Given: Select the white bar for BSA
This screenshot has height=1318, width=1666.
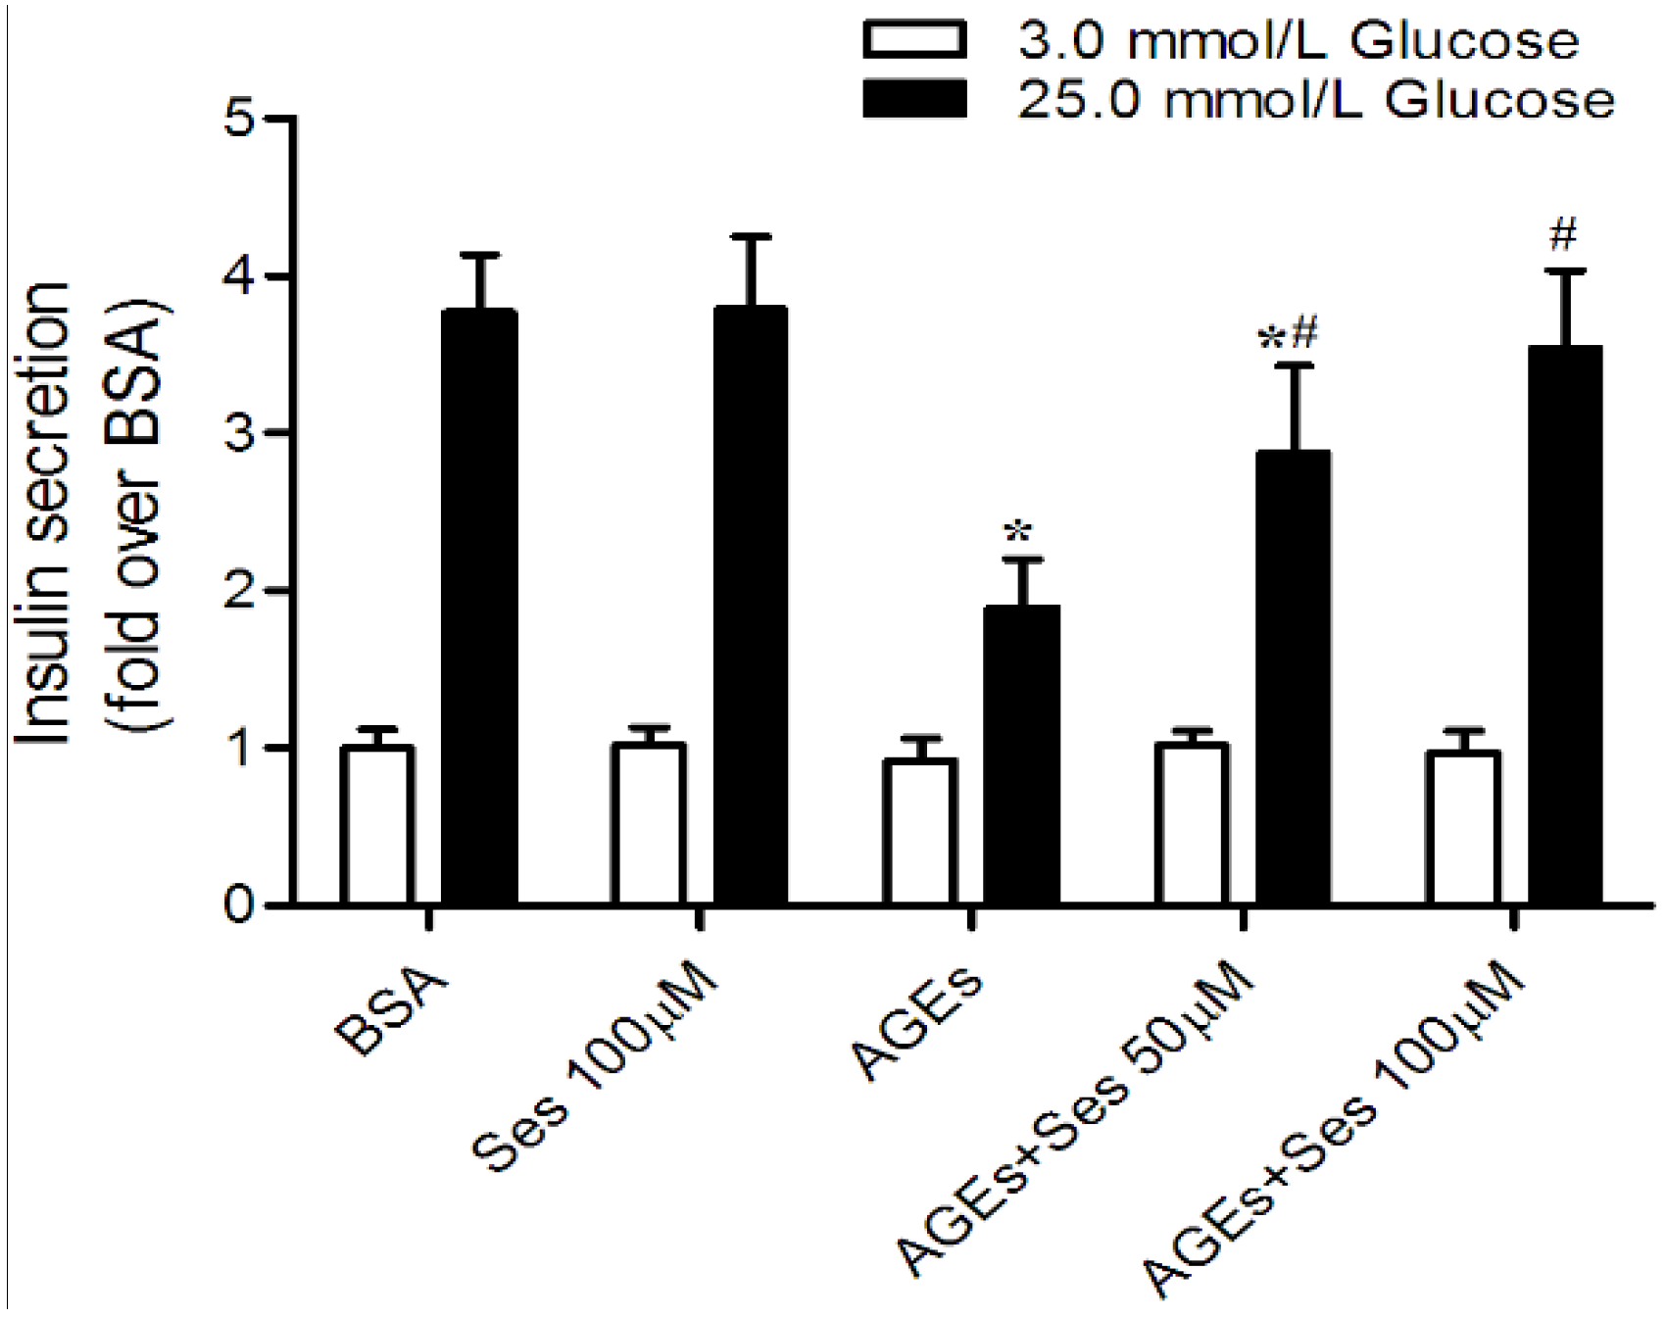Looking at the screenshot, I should [x=377, y=824].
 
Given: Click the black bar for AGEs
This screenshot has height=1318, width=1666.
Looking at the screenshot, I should [x=1021, y=754].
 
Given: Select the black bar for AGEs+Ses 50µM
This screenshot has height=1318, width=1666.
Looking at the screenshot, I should [x=1294, y=676].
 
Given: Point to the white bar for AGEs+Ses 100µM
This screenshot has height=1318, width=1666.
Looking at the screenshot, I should [x=1463, y=827].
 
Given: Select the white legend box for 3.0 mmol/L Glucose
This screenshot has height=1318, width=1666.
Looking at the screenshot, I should [x=914, y=40].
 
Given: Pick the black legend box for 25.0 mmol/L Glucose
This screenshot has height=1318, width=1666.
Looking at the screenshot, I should [x=914, y=99].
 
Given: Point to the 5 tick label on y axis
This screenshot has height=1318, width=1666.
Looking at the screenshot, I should [x=239, y=119].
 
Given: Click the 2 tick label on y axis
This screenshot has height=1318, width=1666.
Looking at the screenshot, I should [x=239, y=591].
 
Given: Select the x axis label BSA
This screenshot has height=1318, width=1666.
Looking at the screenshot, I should [x=391, y=1010].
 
